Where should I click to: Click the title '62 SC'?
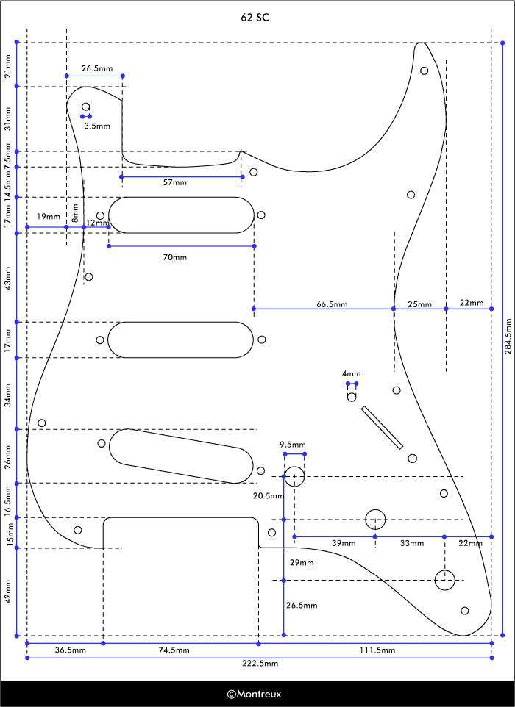click(x=257, y=17)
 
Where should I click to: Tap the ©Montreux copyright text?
click(x=254, y=693)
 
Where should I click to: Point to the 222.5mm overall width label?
click(x=260, y=663)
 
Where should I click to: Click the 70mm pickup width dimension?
click(x=175, y=257)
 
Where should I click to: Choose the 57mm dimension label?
click(x=175, y=183)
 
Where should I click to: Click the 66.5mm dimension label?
click(x=333, y=304)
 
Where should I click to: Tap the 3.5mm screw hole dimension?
click(x=97, y=126)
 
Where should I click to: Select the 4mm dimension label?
click(x=352, y=374)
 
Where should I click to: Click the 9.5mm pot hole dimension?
click(x=292, y=445)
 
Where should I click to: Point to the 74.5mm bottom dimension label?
click(x=174, y=650)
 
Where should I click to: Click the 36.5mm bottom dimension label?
click(x=71, y=650)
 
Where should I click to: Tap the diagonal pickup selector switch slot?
click(x=382, y=427)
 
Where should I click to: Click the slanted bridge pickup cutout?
click(x=180, y=456)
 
